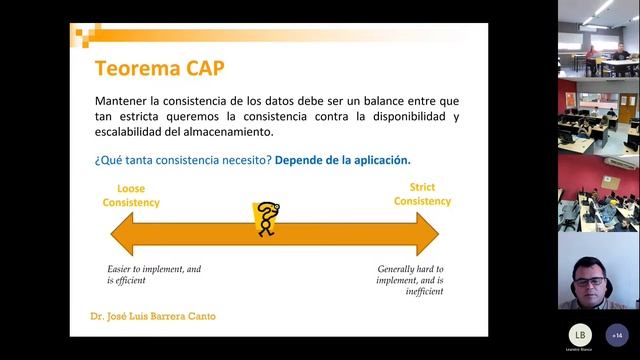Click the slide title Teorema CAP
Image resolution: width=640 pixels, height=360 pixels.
tap(159, 68)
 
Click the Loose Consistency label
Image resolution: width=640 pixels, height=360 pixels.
tap(131, 195)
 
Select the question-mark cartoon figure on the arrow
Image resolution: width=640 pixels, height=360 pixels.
tap(266, 219)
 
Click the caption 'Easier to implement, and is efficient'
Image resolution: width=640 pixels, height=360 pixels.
tap(155, 275)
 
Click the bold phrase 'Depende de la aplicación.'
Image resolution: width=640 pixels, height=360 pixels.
tap(343, 160)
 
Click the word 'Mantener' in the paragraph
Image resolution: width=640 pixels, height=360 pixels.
tap(124, 101)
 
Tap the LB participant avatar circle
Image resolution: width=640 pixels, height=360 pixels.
tap(581, 334)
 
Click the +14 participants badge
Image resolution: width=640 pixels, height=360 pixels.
tap(616, 334)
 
